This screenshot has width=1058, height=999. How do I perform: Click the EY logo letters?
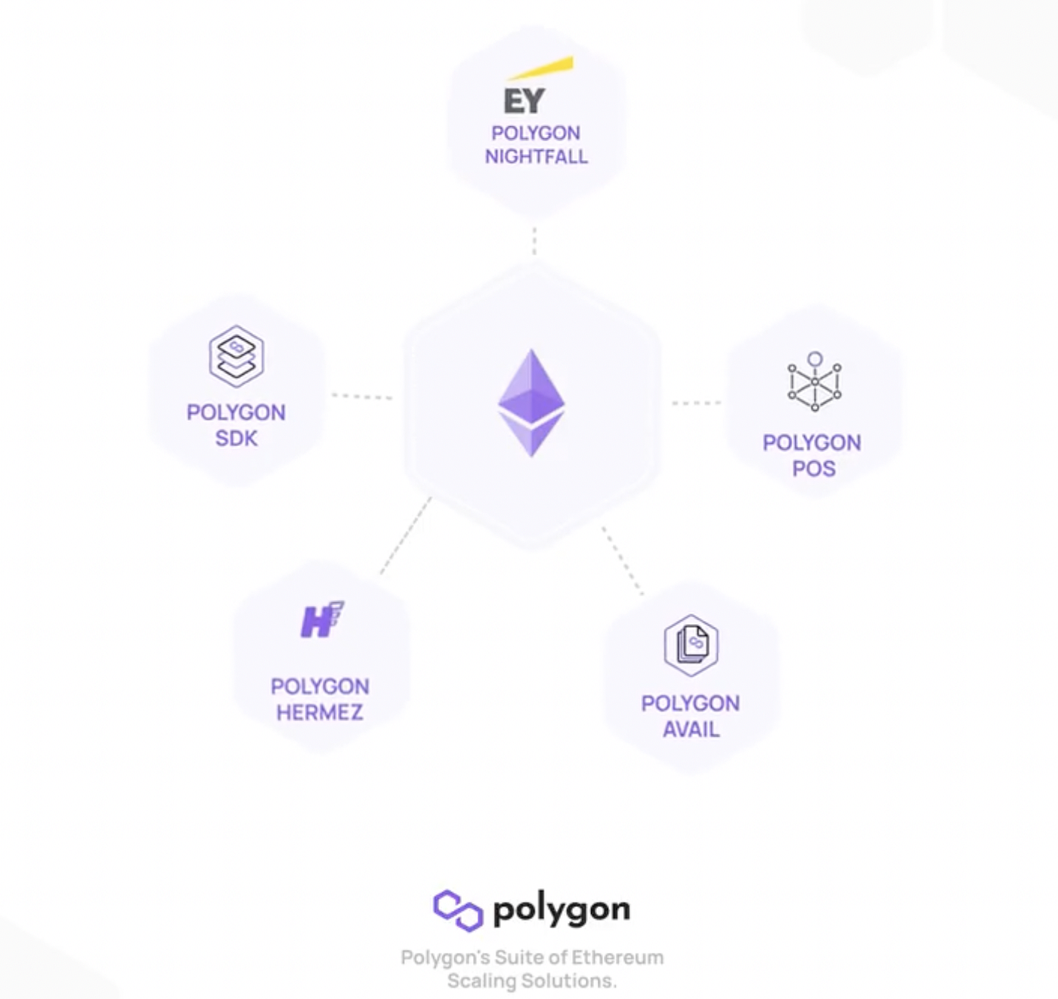coord(524,101)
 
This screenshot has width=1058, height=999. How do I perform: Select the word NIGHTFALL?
coord(536,156)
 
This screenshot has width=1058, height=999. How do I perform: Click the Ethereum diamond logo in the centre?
coord(531,403)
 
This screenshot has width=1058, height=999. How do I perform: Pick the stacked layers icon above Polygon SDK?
coord(237,356)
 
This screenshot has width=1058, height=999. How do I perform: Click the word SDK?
coord(237,438)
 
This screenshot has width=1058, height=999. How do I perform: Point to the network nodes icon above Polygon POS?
coord(814,382)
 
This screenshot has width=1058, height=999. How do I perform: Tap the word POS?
coord(813,469)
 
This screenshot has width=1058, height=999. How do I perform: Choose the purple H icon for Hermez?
coord(321,620)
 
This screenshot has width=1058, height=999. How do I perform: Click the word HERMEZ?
coord(320,713)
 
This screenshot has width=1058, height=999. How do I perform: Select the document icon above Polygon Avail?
coord(691,645)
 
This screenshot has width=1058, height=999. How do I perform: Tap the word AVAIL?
coord(691,729)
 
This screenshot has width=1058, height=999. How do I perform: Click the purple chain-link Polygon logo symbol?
coord(458,910)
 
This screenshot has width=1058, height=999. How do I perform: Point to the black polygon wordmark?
coord(561,911)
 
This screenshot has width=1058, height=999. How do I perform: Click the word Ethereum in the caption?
coord(617,957)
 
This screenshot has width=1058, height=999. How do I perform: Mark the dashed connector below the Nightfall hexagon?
coord(534,240)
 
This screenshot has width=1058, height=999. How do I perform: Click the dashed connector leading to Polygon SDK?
coord(362,396)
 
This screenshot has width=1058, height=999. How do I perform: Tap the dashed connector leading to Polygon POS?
coord(696,403)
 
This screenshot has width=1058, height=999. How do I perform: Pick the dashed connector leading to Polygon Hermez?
coord(405,535)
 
